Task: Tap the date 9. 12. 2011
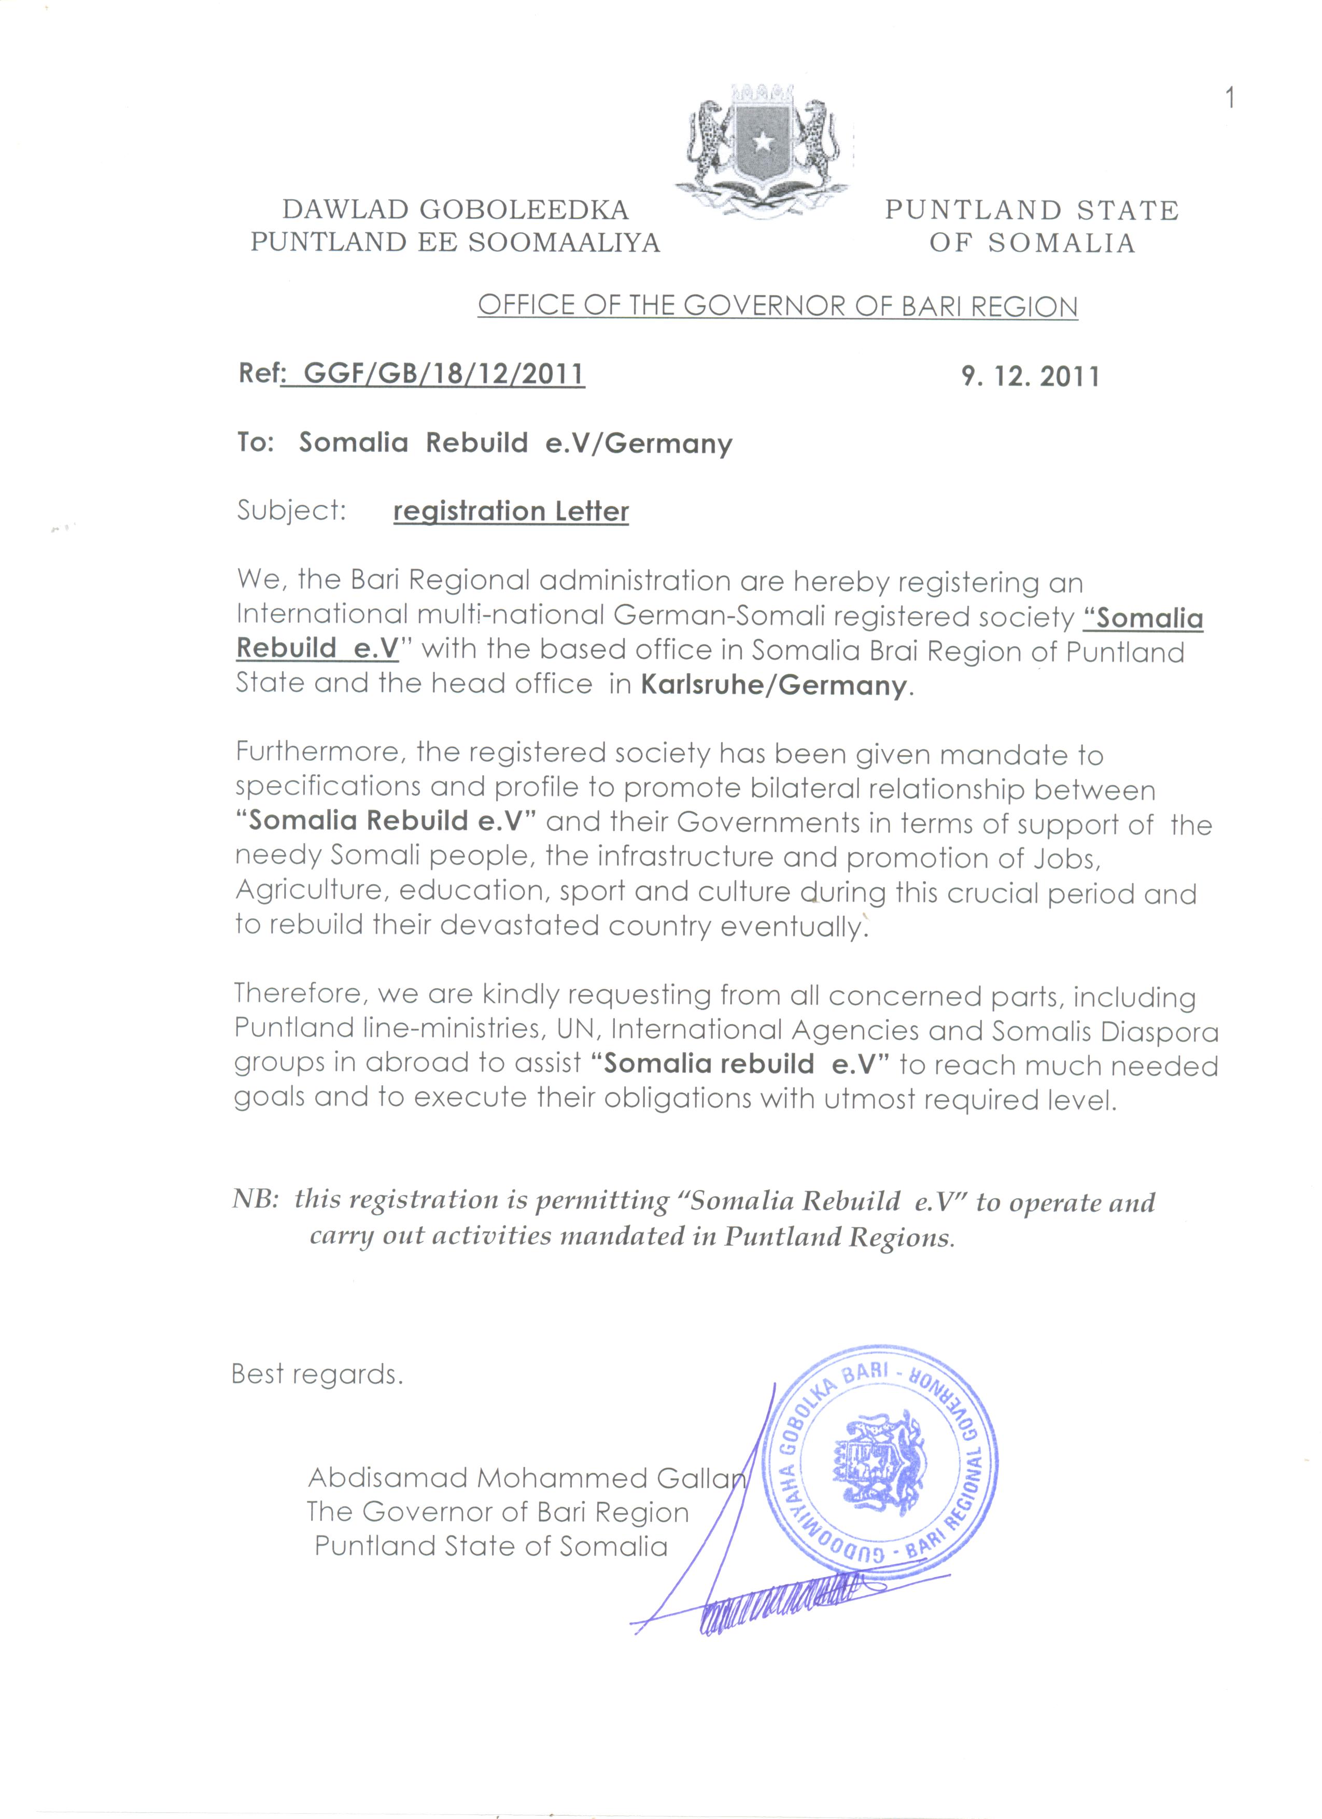pos(1031,377)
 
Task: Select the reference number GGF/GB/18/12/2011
pos(444,375)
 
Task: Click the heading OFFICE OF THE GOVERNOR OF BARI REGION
pos(777,306)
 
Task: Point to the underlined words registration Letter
pos(511,511)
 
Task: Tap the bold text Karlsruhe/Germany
pos(774,686)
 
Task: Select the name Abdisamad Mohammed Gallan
pos(526,1477)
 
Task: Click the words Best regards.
pos(317,1375)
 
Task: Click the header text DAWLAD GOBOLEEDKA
pos(456,210)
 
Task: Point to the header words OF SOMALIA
pos(1032,243)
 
